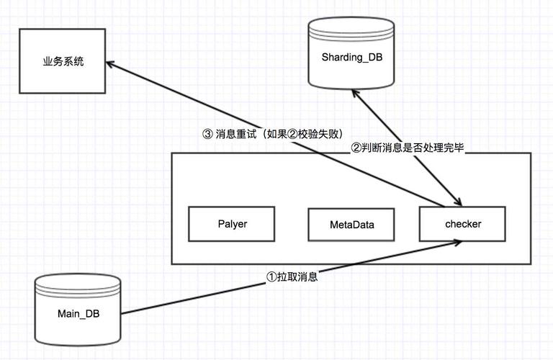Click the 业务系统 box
point(63,61)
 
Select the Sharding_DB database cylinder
point(351,53)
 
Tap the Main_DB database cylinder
point(78,310)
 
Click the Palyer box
point(231,224)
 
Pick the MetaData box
point(351,225)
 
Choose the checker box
point(462,224)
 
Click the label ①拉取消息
point(292,276)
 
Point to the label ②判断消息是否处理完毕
point(408,148)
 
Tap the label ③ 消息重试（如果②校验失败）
point(273,134)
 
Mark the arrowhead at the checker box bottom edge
point(458,242)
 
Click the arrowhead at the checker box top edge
point(458,202)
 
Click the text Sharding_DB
point(352,57)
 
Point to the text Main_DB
point(78,313)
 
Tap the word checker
point(463,224)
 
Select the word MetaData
point(352,225)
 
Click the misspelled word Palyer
point(233,224)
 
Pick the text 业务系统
point(63,62)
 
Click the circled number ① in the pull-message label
point(271,276)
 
